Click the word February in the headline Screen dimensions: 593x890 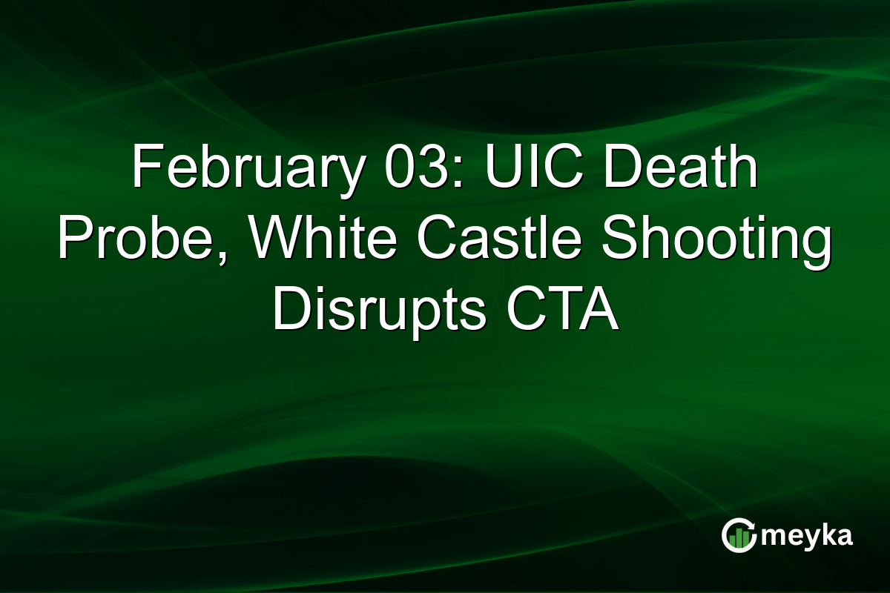237,170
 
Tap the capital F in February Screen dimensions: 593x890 145,170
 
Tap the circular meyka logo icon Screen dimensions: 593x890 739,536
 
